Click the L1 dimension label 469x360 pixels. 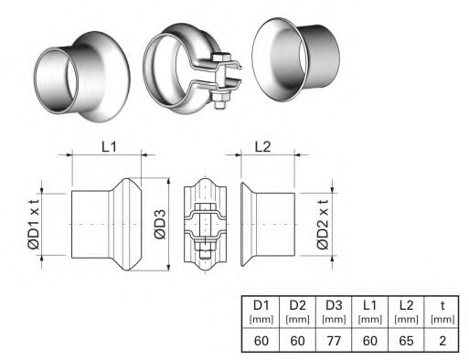point(109,147)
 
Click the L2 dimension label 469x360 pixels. point(262,147)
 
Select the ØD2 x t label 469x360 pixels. point(323,225)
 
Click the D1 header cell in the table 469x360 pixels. point(261,312)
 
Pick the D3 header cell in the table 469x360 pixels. point(334,312)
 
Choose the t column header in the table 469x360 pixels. point(442,312)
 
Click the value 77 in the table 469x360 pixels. point(334,341)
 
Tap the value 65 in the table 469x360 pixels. point(406,341)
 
